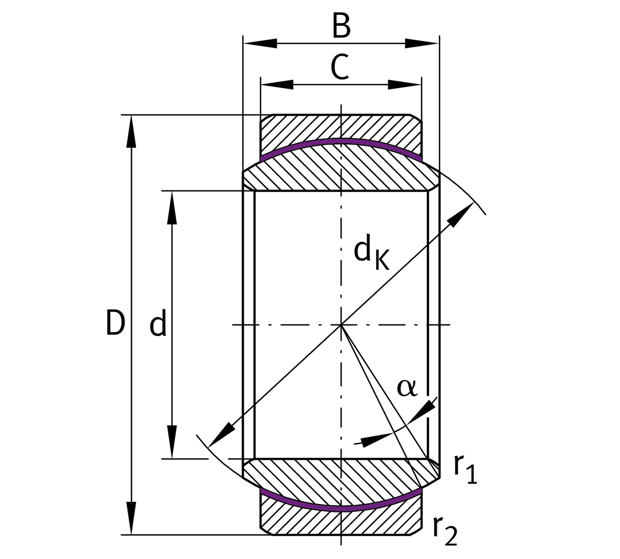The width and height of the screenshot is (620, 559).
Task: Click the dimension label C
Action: (x=340, y=68)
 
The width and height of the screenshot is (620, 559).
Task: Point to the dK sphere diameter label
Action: (x=371, y=254)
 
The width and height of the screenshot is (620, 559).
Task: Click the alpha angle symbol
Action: (x=406, y=388)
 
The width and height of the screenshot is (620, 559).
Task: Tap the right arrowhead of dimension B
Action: (x=421, y=43)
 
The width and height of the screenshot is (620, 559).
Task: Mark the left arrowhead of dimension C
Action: (x=277, y=85)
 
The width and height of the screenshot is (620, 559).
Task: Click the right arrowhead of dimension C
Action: (x=405, y=85)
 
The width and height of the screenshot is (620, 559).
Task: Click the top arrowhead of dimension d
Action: (x=172, y=208)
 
